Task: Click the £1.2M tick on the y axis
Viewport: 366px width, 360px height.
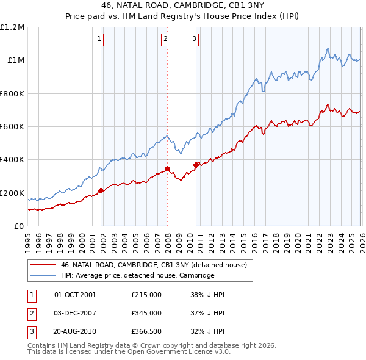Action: point(12,27)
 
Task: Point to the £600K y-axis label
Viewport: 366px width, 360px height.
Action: point(12,127)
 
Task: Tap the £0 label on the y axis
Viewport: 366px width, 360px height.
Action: point(19,226)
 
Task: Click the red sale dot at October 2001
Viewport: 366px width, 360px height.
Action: point(101,190)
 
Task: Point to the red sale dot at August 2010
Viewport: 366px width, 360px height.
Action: point(196,165)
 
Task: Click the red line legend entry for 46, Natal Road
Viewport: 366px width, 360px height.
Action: point(153,265)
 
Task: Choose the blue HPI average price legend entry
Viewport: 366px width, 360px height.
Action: point(137,276)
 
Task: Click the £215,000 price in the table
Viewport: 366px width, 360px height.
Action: point(146,295)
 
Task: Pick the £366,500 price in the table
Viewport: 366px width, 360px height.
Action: point(146,331)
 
